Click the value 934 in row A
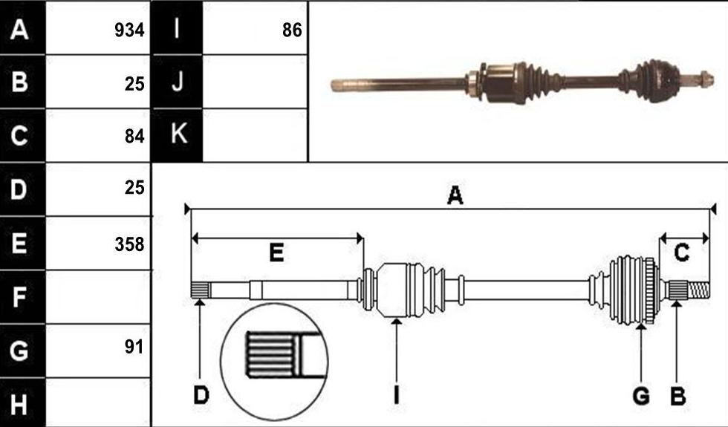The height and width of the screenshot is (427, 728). pos(129,30)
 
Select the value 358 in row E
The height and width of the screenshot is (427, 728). pos(129,244)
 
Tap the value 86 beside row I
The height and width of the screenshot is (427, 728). pos(292,30)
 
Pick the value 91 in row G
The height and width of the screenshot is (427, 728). pos(134,346)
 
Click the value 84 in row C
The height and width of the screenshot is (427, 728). pos(134,137)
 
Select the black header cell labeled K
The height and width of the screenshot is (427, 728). pos(178,135)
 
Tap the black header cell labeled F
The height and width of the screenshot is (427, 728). pos(23,297)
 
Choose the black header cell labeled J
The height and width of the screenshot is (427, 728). pos(178,82)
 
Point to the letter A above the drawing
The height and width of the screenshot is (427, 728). pos(455,195)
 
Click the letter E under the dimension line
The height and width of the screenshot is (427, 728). pos(276,253)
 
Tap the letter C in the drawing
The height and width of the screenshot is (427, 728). pos(682,253)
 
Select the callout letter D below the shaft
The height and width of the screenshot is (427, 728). pos(201,396)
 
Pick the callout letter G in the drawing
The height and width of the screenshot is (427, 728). pos(641,397)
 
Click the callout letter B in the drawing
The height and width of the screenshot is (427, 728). pos(677,397)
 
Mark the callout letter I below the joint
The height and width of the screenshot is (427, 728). pos(396,396)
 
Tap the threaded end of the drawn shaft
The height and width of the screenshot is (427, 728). pos(698,290)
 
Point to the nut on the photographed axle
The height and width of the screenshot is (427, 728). pos(706,78)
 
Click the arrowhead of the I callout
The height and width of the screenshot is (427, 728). pos(396,322)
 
